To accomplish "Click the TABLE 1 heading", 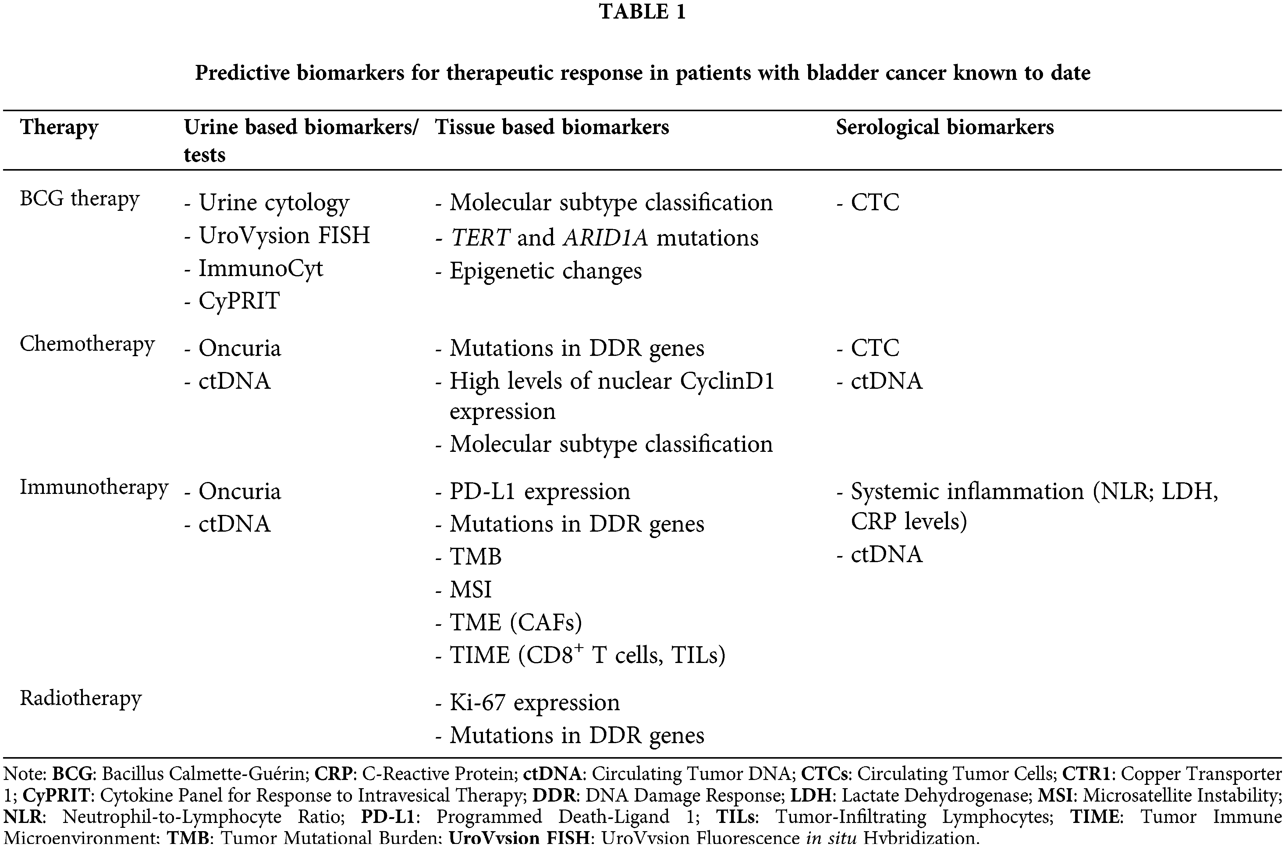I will [642, 12].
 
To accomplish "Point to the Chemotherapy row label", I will [87, 344].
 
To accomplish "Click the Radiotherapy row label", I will [80, 698].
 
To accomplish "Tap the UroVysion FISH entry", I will [284, 236].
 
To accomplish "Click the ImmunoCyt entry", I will [260, 268].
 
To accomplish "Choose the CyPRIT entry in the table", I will [239, 301].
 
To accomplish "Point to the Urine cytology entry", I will [273, 203].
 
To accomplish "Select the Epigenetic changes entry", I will [545, 271].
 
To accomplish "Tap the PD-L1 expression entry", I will [539, 491].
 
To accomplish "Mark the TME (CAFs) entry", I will [515, 622].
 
